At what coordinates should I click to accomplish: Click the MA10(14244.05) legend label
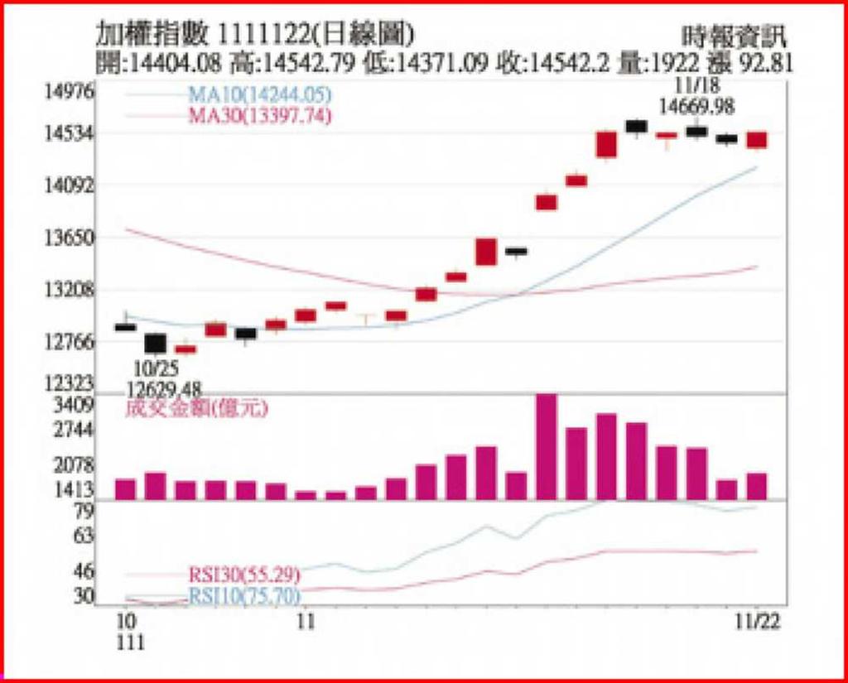259,95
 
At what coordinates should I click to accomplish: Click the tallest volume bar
546,446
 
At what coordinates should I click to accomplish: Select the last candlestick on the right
757,140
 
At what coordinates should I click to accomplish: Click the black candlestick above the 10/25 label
155,343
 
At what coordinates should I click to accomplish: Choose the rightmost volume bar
757,486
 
